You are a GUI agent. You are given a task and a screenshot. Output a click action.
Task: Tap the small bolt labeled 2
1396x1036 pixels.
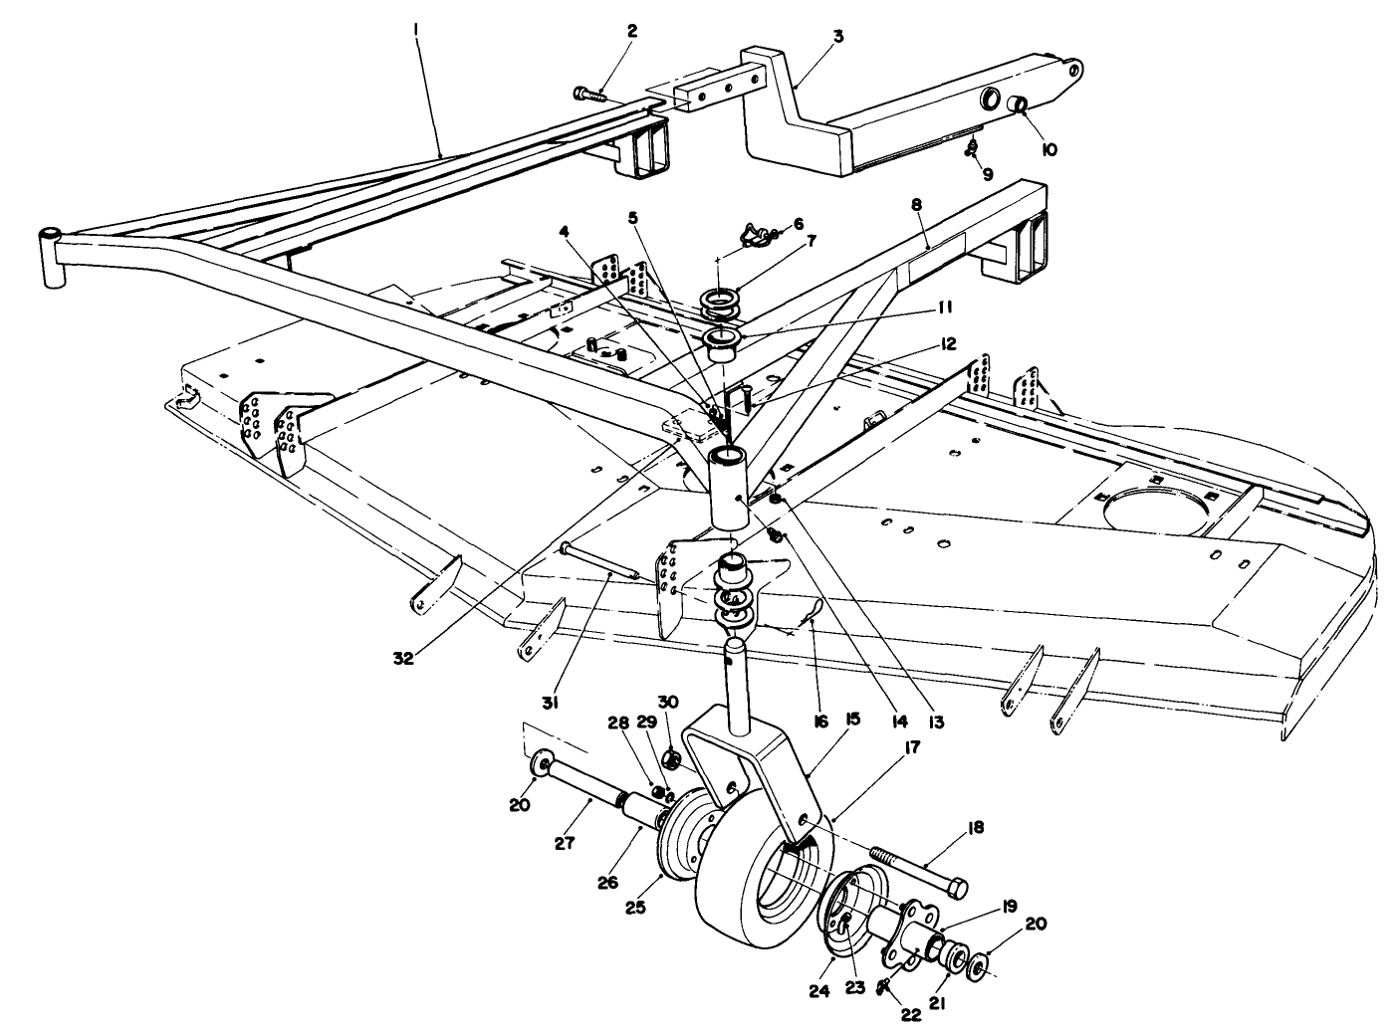click(588, 94)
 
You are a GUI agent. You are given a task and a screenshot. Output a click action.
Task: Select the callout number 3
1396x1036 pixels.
click(838, 36)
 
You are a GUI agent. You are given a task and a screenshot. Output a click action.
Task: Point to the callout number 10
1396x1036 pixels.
click(1048, 149)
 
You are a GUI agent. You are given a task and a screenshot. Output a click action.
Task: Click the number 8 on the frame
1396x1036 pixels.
click(916, 203)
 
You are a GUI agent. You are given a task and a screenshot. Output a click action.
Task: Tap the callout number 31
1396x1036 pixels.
click(550, 702)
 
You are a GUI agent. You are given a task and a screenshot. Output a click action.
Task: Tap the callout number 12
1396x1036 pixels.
click(946, 343)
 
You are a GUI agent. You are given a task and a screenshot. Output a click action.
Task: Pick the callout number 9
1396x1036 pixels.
click(988, 173)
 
